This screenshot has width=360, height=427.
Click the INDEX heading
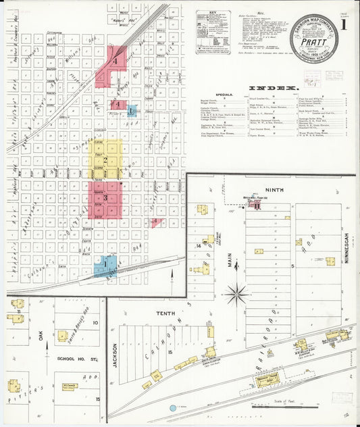coord(273,89)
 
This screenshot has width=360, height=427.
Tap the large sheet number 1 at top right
coord(345,26)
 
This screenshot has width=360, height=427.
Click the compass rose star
coord(236,294)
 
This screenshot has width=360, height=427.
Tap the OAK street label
coord(41,335)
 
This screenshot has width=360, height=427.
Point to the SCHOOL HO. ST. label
coord(74,358)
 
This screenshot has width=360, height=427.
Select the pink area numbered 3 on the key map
coord(105,198)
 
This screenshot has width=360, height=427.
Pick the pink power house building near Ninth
coord(257,206)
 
